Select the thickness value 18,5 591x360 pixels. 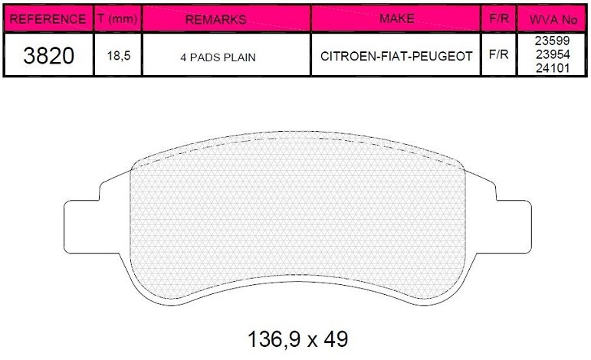coord(117,57)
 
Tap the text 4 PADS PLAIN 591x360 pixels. coord(218,57)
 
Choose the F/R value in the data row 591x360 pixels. coord(498,56)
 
